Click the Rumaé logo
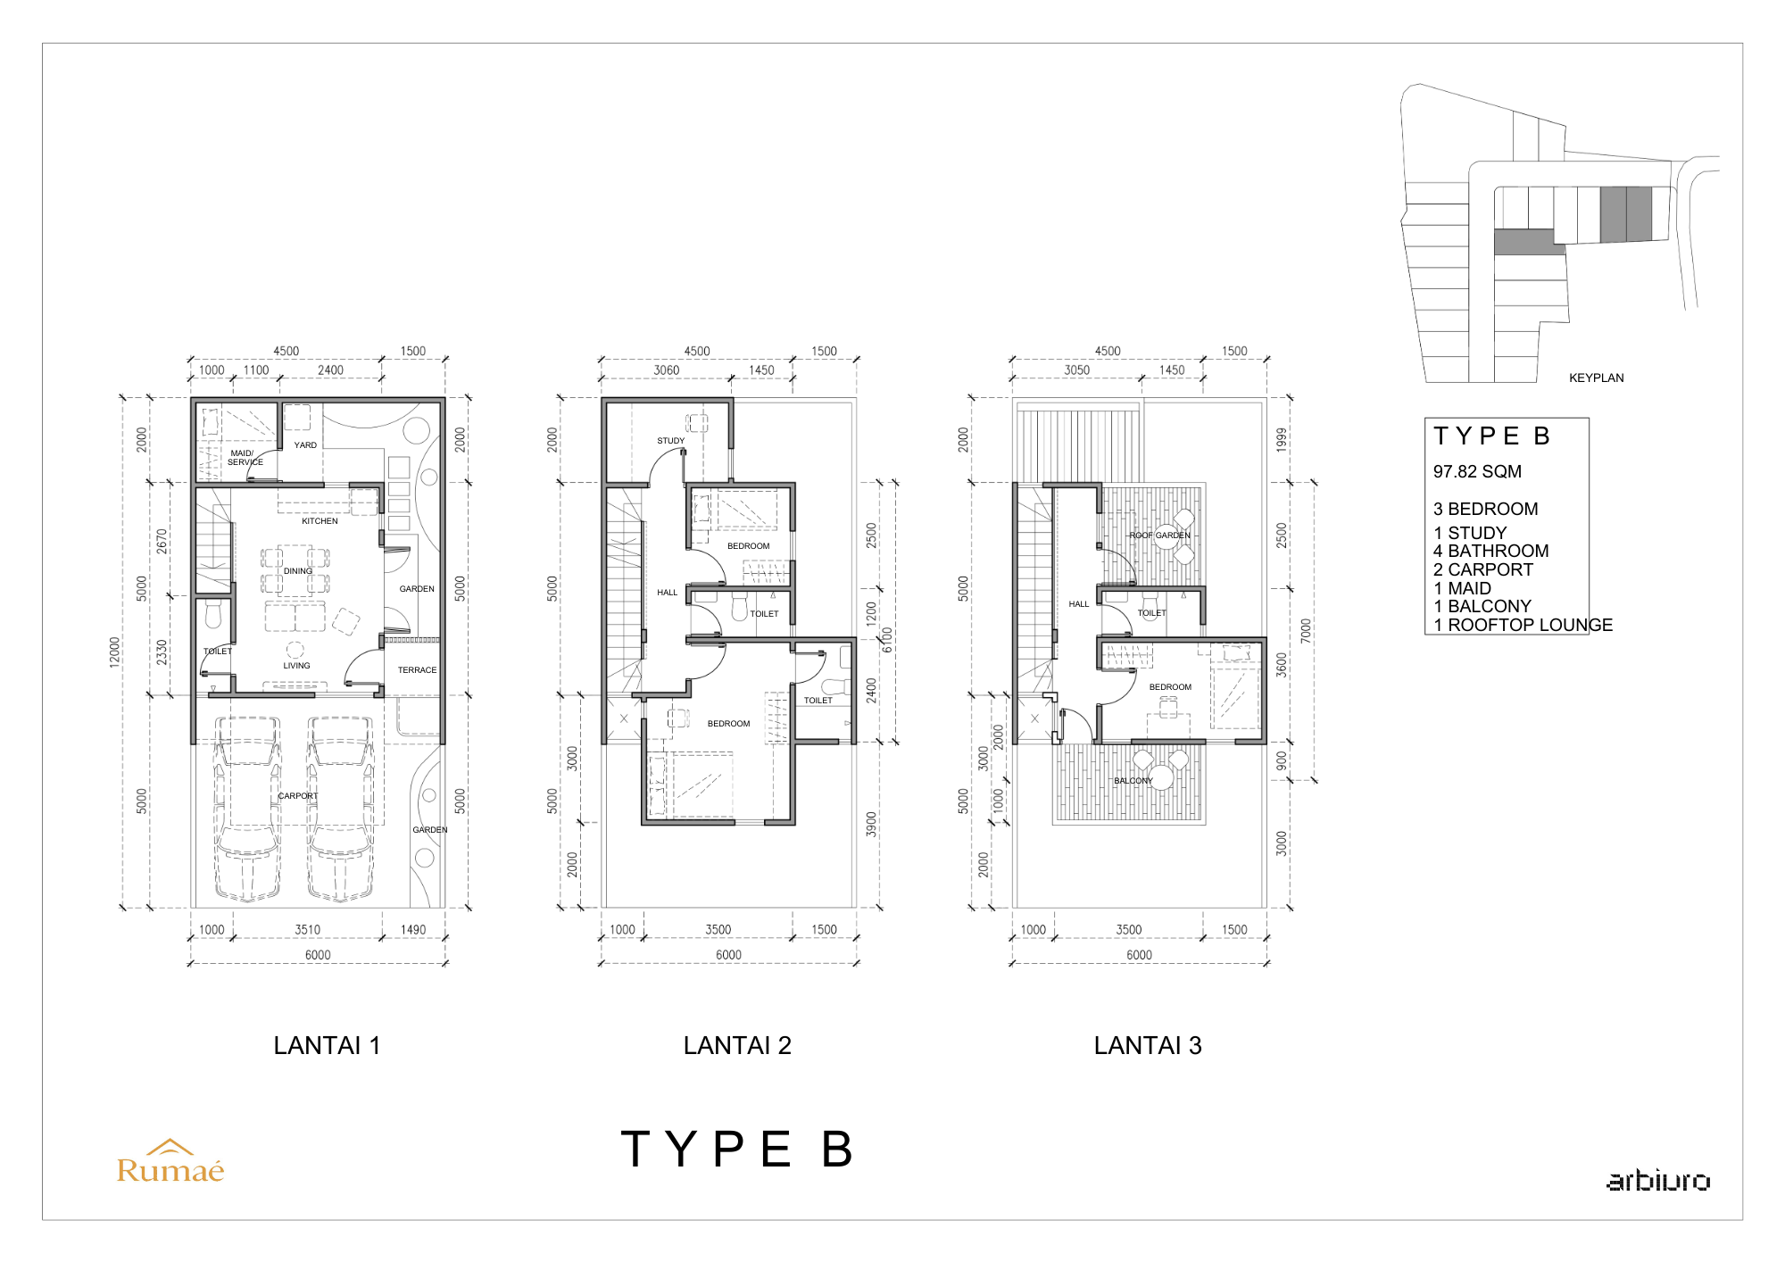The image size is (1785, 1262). [x=170, y=1161]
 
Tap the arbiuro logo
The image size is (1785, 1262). [x=1658, y=1180]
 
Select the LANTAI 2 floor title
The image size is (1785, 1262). [x=737, y=1045]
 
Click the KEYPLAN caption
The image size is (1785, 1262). [x=1596, y=378]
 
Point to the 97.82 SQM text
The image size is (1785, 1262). [x=1477, y=471]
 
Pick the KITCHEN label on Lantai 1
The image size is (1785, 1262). [x=320, y=521]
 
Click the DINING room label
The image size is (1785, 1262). [x=298, y=571]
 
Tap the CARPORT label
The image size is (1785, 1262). [x=298, y=796]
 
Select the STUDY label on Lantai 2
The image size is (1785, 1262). [x=671, y=441]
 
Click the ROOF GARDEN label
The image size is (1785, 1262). [x=1159, y=536]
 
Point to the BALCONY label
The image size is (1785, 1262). [x=1133, y=781]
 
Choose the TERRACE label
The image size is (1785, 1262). [x=417, y=670]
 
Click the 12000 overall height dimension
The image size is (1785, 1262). [x=114, y=652]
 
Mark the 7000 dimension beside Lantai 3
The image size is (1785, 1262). [x=1306, y=631]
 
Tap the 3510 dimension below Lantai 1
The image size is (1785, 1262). [x=308, y=930]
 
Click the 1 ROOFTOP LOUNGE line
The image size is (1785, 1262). [x=1523, y=625]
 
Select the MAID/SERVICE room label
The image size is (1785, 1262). [x=245, y=458]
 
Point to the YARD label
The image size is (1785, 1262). [x=305, y=445]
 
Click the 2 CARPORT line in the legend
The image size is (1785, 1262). [x=1483, y=569]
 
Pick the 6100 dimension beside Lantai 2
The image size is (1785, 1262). [x=887, y=640]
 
